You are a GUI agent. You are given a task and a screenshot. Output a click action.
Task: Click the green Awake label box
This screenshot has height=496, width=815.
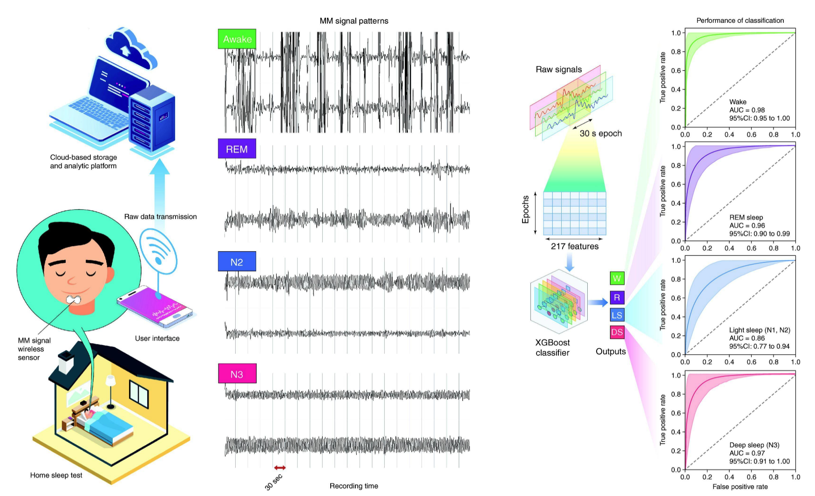[237, 39]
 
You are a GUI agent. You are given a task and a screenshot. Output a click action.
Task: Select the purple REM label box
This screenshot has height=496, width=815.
[237, 149]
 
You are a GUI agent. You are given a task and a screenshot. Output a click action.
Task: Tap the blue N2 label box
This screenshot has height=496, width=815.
[237, 262]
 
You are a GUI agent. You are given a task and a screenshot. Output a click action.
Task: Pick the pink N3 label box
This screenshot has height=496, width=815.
[237, 374]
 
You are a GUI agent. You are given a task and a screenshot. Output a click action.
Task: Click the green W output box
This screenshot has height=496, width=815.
[617, 278]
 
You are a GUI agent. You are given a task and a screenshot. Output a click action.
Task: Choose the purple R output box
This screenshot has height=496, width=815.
[617, 297]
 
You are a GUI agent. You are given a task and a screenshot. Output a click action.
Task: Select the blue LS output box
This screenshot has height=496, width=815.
[617, 315]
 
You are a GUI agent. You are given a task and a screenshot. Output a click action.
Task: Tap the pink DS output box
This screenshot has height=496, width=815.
[617, 332]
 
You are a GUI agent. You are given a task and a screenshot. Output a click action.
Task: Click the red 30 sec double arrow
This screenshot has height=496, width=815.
[280, 468]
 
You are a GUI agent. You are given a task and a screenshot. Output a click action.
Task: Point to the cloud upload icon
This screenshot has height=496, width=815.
[130, 47]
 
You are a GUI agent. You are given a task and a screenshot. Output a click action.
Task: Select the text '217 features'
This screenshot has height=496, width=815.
[575, 246]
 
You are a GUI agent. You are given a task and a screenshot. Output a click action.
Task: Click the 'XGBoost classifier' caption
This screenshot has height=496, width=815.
[552, 348]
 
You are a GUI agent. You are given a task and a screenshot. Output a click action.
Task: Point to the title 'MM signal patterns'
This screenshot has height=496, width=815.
[353, 21]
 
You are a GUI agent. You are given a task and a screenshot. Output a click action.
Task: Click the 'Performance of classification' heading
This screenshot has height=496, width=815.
[740, 21]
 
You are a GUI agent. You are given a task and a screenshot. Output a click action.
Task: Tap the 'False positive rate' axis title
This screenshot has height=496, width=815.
[740, 487]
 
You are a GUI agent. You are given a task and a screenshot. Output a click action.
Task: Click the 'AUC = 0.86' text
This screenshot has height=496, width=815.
[747, 338]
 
